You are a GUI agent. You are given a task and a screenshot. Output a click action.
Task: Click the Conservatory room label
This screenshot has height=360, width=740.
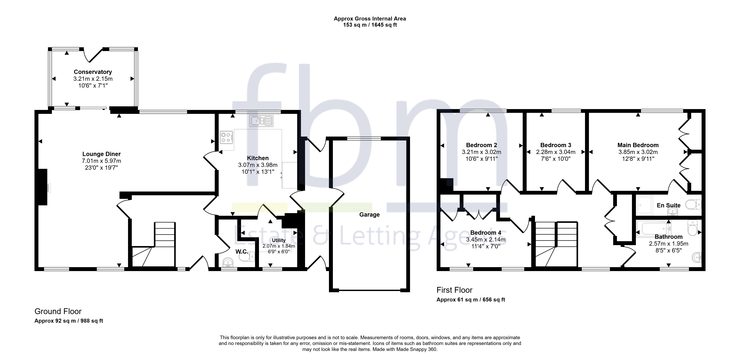(93, 72)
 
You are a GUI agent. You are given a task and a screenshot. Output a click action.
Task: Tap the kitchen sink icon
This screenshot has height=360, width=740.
(261, 121)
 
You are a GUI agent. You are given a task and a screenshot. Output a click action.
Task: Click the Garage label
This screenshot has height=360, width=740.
(369, 215)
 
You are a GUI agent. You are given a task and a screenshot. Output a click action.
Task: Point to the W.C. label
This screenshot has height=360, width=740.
(242, 252)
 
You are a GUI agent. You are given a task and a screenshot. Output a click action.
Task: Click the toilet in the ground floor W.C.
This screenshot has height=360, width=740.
(247, 256)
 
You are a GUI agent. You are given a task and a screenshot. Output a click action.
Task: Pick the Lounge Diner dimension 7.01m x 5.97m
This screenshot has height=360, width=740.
(101, 161)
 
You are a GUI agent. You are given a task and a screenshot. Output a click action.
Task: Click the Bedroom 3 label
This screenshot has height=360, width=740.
(556, 145)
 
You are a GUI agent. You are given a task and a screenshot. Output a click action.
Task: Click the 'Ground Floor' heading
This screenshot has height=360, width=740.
(58, 312)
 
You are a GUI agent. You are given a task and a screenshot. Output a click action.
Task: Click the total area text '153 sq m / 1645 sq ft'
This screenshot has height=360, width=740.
(370, 25)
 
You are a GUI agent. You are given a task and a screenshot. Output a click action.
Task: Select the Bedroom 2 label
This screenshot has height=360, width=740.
(481, 145)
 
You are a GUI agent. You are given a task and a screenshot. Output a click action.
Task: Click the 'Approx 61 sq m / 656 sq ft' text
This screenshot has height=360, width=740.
(471, 300)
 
